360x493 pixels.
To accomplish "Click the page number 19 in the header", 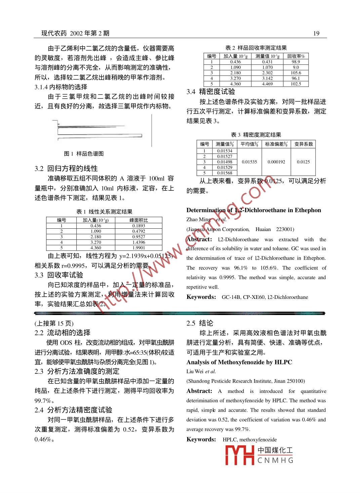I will tap(316, 33).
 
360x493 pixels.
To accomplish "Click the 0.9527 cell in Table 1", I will tap(138, 237).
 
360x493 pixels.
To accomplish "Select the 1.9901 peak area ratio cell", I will tap(138, 248).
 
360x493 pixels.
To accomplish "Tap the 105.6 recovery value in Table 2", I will tap(296, 73).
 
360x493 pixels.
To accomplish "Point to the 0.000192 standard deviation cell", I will tap(276, 162).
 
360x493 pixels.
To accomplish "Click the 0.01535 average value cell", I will tap(249, 162).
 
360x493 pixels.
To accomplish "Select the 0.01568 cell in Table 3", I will tap(225, 173).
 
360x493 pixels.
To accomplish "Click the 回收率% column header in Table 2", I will tap(296, 56).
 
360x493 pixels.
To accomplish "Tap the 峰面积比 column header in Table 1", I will tap(138, 220).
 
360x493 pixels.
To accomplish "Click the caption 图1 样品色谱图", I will tap(84, 154).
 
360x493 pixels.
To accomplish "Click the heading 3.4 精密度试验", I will tap(211, 92).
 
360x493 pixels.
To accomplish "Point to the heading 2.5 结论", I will tap(200, 323).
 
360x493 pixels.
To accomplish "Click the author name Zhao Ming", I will tap(199, 220).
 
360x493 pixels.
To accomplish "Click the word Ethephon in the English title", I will tap(308, 210).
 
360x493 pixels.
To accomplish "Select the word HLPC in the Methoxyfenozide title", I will tap(283, 362).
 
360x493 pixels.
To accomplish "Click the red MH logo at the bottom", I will tap(239, 455).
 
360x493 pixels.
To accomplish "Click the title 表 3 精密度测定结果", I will tap(256, 135).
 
